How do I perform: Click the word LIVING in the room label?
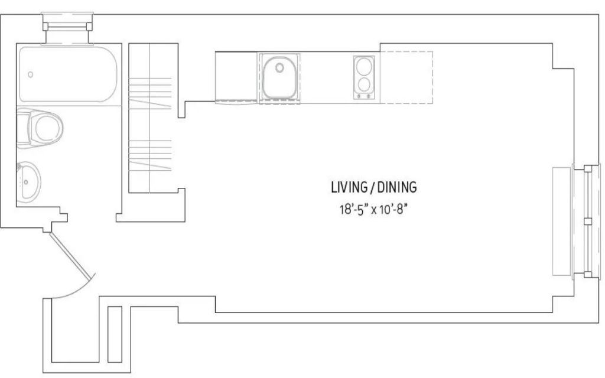[x=349, y=187]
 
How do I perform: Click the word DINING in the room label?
[x=397, y=187]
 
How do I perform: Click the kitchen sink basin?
[x=279, y=77]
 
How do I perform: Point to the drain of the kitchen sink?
[x=279, y=68]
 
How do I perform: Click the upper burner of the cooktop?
[x=364, y=66]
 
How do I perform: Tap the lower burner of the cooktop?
[x=364, y=84]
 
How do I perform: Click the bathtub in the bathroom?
[x=68, y=74]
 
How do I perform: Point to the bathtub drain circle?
[x=31, y=74]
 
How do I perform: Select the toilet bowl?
[x=48, y=128]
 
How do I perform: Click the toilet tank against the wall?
[x=22, y=128]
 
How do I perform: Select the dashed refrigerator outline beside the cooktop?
[x=406, y=77]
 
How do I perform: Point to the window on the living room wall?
[x=587, y=221]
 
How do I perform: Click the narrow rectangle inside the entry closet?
[x=115, y=334]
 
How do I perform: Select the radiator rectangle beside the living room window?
[x=561, y=221]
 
